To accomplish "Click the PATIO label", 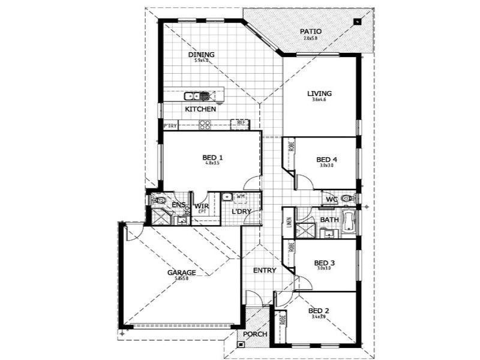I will click(x=311, y=31).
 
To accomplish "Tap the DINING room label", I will click(x=202, y=55).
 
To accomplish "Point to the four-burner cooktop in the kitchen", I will click(x=205, y=125).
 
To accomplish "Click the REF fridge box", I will click(x=241, y=123).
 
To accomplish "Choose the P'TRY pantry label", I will click(x=170, y=126).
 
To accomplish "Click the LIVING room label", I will click(x=319, y=94).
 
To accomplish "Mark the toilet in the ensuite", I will click(x=158, y=199).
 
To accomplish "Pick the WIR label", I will click(x=200, y=206).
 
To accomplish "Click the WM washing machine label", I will click(x=240, y=196).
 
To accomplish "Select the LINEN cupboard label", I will click(x=289, y=223).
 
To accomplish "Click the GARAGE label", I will click(x=181, y=272).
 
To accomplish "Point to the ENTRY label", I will click(x=264, y=271).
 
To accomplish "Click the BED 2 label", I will click(x=319, y=310).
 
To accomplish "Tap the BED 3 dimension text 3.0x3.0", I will click(x=324, y=268).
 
